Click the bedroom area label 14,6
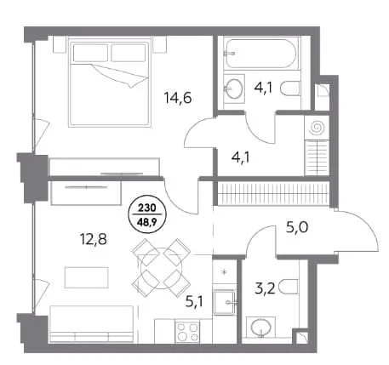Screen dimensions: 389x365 point(178,98)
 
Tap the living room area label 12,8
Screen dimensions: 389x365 point(94,239)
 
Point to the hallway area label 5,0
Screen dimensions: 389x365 point(297,227)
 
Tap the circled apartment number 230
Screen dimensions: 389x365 point(147,208)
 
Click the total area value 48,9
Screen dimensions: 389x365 point(147,221)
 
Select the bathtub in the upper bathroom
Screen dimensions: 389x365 point(261,54)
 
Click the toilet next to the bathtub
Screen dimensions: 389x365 point(290,88)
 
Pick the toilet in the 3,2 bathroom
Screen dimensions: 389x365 point(289,287)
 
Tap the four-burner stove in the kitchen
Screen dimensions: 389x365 point(187,332)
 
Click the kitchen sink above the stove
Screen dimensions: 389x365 point(225,302)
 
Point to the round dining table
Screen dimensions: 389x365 point(161,265)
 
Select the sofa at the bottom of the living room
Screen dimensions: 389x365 point(91,324)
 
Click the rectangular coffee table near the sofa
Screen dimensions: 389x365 point(86,277)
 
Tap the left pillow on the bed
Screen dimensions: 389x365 point(90,53)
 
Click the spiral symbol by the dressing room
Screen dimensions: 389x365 point(317,128)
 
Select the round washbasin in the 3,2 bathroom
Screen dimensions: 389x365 point(261,328)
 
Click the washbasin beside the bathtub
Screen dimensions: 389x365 point(234,88)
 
